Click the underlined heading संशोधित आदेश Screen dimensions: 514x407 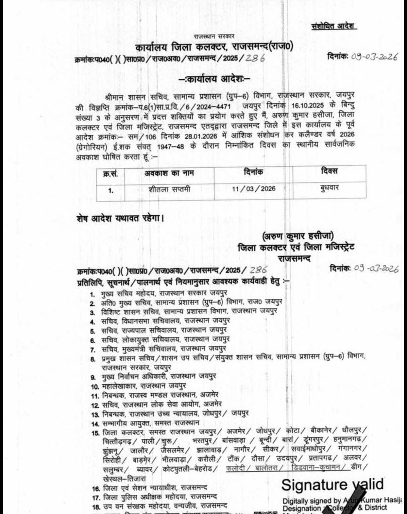click(334, 26)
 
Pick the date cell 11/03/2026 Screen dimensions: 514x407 click(253, 188)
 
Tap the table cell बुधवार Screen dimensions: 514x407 click(329, 188)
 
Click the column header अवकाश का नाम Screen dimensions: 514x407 click(169, 173)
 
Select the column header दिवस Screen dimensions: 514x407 click(329, 171)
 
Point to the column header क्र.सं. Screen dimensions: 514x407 click(110, 174)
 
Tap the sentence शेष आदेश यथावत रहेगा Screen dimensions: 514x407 click(120, 219)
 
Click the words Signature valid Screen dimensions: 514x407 click(332, 485)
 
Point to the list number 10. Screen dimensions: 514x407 click(95, 387)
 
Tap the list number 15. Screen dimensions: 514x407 click(95, 433)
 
